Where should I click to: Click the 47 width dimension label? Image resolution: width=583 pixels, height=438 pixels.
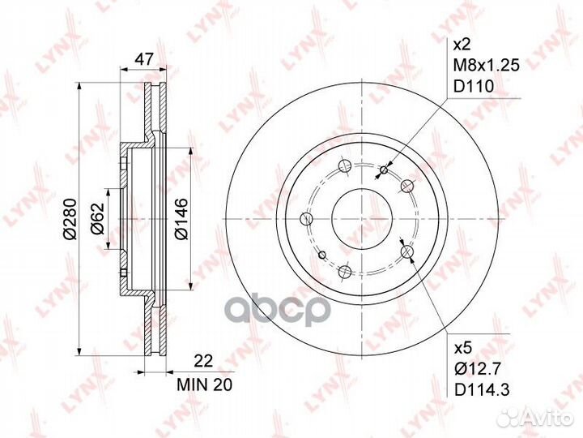pyautogui.click(x=143, y=59)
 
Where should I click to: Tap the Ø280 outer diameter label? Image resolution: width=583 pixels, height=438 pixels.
pyautogui.click(x=70, y=219)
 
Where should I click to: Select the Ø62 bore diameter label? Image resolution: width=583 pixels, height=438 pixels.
pyautogui.click(x=97, y=219)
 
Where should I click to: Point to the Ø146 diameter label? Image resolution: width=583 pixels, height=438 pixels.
pyautogui.click(x=181, y=219)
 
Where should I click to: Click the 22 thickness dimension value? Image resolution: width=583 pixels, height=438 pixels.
pyautogui.click(x=204, y=361)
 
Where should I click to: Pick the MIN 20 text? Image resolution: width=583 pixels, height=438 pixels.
pyautogui.click(x=204, y=384)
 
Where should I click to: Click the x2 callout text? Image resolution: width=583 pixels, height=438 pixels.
pyautogui.click(x=463, y=45)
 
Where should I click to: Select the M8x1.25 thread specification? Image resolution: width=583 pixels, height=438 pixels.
pyautogui.click(x=487, y=66)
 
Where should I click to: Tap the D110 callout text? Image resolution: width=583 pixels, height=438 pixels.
pyautogui.click(x=474, y=87)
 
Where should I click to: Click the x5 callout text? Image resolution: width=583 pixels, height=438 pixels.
pyautogui.click(x=463, y=348)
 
